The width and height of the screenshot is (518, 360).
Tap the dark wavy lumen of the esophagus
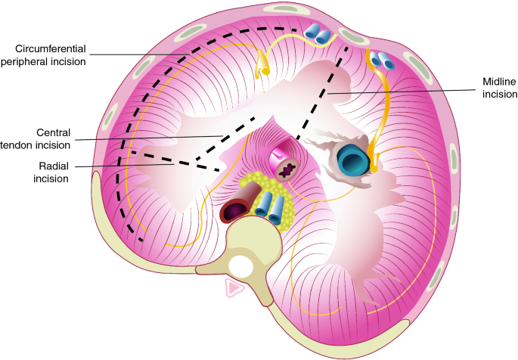coord(288,169)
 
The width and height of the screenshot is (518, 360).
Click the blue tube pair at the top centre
coord(318,33)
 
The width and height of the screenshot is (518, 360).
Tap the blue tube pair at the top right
coord(382,60)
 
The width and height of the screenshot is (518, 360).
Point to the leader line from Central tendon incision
coord(159,137)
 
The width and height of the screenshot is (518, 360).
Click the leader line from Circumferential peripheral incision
coord(151,54)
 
